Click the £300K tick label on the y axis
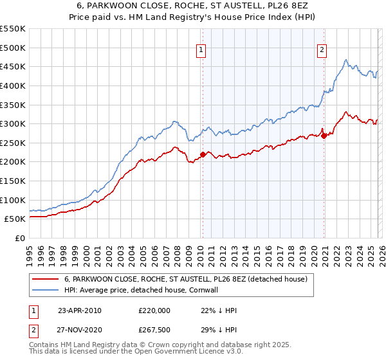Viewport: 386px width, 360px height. click(13, 123)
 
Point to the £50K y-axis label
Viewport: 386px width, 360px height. click(15, 219)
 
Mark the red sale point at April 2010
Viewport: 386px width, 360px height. click(203, 154)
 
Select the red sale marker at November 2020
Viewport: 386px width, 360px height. click(324, 136)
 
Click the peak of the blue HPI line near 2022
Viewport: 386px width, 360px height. click(346, 60)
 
